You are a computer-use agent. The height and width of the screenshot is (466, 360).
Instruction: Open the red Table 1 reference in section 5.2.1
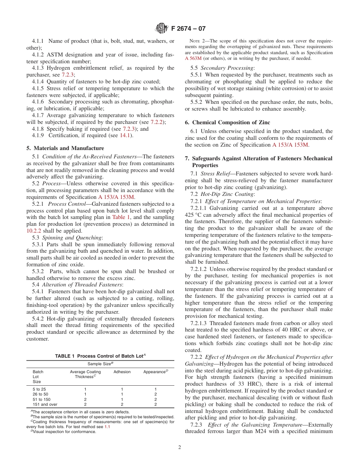[121, 217]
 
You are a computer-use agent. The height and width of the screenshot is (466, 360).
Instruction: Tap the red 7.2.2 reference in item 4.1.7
[156, 122]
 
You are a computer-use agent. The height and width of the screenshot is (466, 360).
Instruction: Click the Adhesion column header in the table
[122, 372]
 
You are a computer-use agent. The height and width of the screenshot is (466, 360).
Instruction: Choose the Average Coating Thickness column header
[85, 374]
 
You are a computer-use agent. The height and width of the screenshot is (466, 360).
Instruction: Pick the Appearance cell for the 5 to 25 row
[155, 389]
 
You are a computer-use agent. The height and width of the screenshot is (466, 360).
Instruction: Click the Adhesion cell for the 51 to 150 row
[122, 399]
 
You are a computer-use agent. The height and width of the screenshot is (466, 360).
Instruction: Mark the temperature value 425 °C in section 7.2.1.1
[194, 215]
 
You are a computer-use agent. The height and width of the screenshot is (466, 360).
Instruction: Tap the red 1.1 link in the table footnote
[107, 427]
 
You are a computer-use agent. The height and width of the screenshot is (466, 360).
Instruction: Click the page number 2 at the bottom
[180, 447]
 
